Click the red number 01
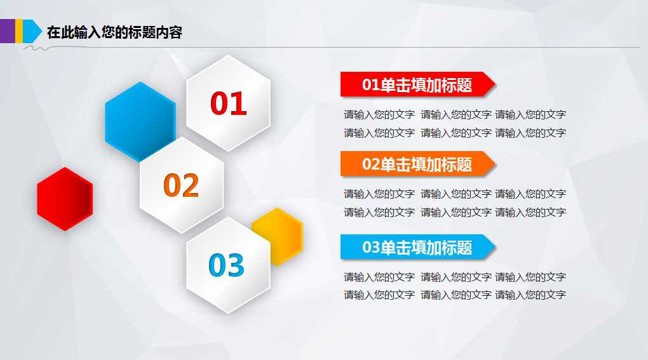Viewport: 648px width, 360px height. [x=228, y=103]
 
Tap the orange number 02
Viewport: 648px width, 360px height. [x=181, y=185]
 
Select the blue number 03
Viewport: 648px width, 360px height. [x=226, y=265]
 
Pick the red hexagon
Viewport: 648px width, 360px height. [x=65, y=199]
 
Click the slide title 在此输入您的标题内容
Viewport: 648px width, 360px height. [x=114, y=32]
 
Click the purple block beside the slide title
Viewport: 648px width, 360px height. [x=7, y=31]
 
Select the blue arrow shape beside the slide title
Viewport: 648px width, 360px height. [x=28, y=31]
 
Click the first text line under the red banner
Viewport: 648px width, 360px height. [x=454, y=115]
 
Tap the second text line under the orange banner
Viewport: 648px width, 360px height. [x=454, y=212]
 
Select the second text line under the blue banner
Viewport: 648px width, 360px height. [x=454, y=295]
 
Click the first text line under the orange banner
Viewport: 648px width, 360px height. [x=454, y=194]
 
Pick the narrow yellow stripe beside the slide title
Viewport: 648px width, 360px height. [x=19, y=31]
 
